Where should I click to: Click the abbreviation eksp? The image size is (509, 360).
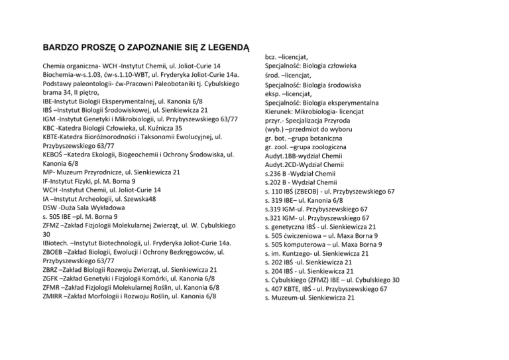[274, 95]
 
